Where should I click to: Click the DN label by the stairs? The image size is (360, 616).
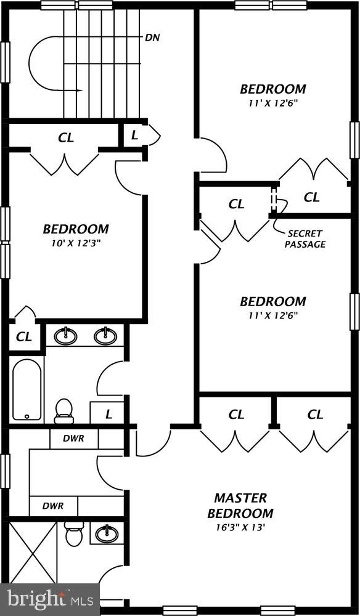pos(152,38)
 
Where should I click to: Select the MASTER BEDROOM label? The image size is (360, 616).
pos(240,505)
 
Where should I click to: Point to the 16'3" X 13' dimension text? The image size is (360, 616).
pos(240,528)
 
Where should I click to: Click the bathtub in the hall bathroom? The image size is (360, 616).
pos(27,389)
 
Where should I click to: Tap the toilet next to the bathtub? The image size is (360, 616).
pos(63,410)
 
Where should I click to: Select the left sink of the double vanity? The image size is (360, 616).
pos(65,336)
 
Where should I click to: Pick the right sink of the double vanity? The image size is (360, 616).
pos(105,336)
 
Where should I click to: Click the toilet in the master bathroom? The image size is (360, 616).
pos(74,533)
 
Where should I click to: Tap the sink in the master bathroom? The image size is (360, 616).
pos(107,532)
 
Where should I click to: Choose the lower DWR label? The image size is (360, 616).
pos(53,506)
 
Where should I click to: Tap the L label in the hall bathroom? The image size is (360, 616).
pos(108,414)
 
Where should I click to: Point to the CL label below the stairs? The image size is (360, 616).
pos(66,138)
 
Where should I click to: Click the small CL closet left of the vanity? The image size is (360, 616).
pos(24,337)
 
